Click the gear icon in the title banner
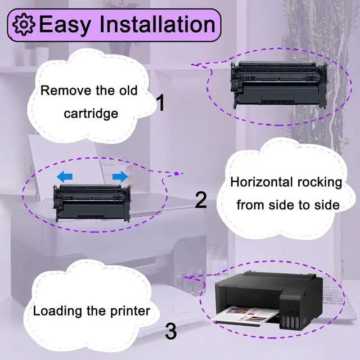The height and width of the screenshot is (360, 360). click(x=24, y=25)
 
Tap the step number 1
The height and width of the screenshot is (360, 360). click(x=161, y=103)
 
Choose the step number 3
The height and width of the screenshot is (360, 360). click(x=172, y=331)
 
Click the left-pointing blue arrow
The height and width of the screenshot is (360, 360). click(x=65, y=177)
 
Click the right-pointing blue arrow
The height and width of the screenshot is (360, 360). click(x=119, y=177)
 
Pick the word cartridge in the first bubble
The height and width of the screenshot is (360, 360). click(x=90, y=113)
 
